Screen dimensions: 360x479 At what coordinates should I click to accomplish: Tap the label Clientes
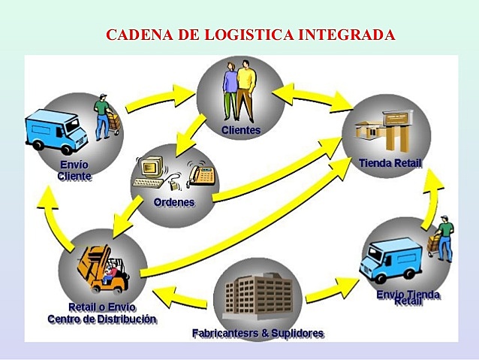click(240, 130)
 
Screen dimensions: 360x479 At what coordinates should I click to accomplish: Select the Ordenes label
click(173, 202)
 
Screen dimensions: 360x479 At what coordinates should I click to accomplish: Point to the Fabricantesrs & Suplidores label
click(258, 332)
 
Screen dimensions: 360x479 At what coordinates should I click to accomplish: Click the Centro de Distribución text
click(102, 319)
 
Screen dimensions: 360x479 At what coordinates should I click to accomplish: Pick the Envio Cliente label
click(74, 171)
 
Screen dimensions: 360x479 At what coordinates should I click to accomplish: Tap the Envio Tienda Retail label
click(408, 297)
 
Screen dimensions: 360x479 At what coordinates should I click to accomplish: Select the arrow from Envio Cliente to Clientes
click(161, 94)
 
